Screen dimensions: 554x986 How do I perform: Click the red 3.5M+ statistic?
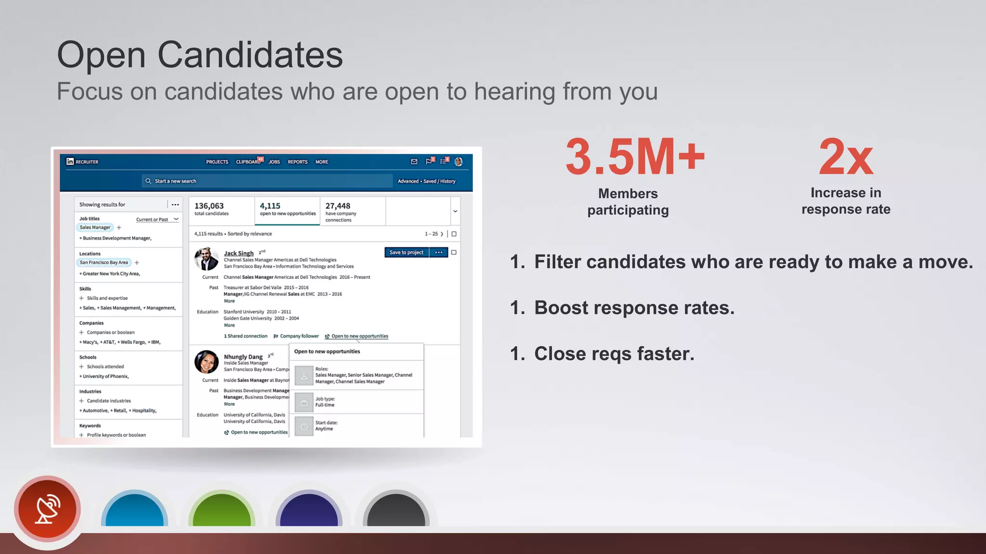click(x=635, y=157)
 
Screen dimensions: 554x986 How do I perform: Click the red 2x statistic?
click(x=846, y=157)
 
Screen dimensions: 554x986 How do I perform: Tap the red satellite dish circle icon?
click(x=47, y=509)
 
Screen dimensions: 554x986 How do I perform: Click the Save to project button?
click(x=406, y=252)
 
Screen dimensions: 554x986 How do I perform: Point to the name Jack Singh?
click(x=239, y=253)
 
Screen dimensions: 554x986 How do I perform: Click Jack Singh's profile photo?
click(x=206, y=259)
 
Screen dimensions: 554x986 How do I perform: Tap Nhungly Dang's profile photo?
click(x=207, y=362)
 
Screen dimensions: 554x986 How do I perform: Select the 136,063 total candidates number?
click(x=209, y=206)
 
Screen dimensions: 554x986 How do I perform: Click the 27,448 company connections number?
click(x=338, y=206)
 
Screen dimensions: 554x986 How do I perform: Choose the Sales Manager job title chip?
click(x=95, y=227)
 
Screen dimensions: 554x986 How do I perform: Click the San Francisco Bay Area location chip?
click(x=104, y=263)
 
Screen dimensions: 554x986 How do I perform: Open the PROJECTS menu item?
click(x=217, y=162)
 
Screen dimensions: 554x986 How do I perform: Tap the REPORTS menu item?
click(x=298, y=162)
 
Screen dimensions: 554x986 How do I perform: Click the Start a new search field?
click(x=270, y=181)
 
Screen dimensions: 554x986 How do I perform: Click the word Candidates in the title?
click(x=250, y=55)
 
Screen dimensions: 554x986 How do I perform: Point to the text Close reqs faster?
click(x=614, y=354)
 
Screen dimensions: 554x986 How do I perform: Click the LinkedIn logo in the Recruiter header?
click(x=70, y=162)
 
